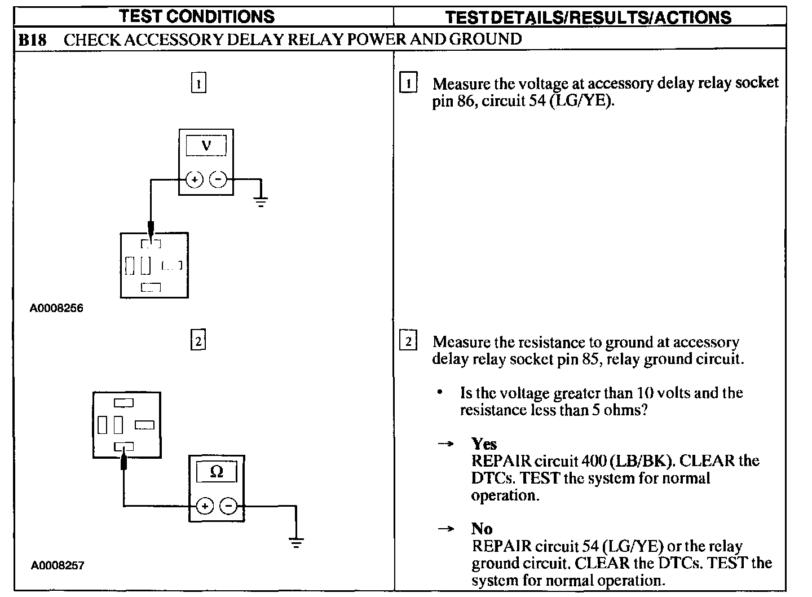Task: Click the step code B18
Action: pyautogui.click(x=32, y=39)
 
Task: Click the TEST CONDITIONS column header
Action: pyautogui.click(x=197, y=16)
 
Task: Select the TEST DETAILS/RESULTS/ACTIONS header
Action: pyautogui.click(x=588, y=17)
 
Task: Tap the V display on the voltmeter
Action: pyautogui.click(x=206, y=146)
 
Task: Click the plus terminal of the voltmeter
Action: pyautogui.click(x=195, y=180)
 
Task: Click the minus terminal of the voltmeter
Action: pyautogui.click(x=218, y=180)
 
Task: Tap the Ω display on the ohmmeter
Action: pyautogui.click(x=217, y=472)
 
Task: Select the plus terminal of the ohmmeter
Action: pyautogui.click(x=205, y=506)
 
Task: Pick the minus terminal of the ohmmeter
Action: pyautogui.click(x=228, y=506)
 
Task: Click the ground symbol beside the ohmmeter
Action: pyautogui.click(x=295, y=542)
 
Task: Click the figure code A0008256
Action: pyautogui.click(x=56, y=309)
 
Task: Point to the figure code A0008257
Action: pyautogui.click(x=57, y=565)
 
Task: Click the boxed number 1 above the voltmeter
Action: pyautogui.click(x=198, y=84)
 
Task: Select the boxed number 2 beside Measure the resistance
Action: pyautogui.click(x=408, y=341)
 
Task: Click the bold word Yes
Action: pyautogui.click(x=484, y=444)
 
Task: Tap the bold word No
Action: pyautogui.click(x=482, y=529)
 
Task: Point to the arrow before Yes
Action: pyautogui.click(x=446, y=444)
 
